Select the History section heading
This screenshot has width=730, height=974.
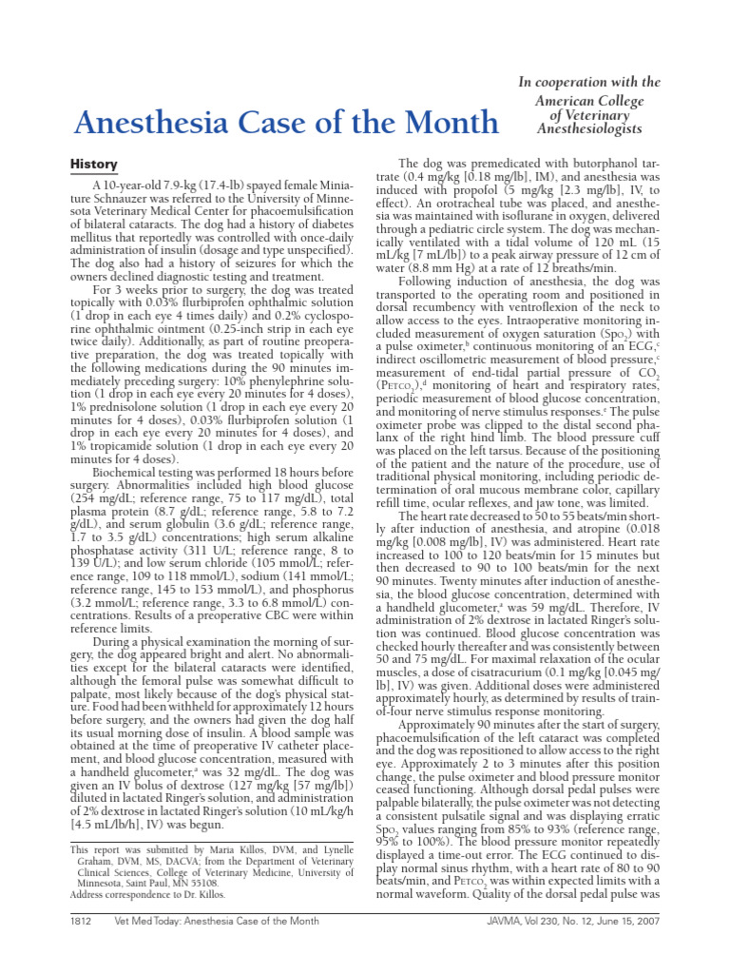point(94,165)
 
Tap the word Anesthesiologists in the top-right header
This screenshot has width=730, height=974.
point(589,128)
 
